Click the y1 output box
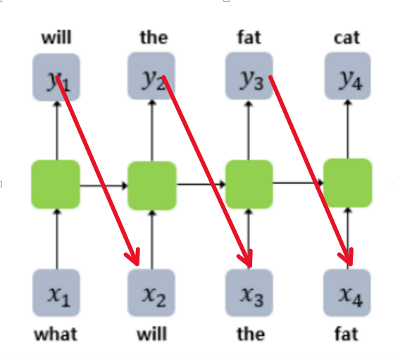(56, 77)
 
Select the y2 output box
(151, 76)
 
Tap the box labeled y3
(249, 76)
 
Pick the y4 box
(348, 76)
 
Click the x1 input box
(56, 292)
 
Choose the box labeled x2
(151, 292)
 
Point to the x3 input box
(249, 292)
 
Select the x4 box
(347, 292)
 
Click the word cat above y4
(347, 38)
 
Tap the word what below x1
(56, 334)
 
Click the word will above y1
(56, 37)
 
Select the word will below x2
(151, 334)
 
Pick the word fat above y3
(249, 37)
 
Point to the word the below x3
(251, 334)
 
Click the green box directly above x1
(56, 185)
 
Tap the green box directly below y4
(348, 183)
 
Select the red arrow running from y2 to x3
(207, 171)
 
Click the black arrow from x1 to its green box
(57, 239)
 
